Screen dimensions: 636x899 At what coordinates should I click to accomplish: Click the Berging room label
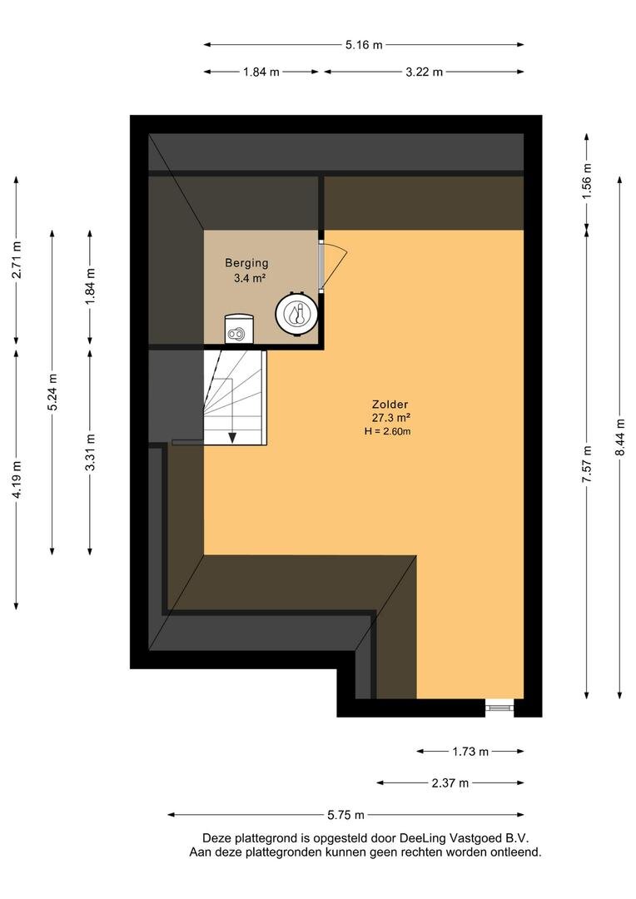[x=246, y=263]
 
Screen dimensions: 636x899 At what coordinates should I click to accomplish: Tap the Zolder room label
[x=390, y=405]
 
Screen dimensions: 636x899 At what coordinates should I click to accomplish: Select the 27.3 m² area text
[x=390, y=418]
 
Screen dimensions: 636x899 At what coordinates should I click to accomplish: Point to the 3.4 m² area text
[x=248, y=279]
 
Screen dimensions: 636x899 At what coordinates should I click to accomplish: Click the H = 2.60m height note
[x=388, y=431]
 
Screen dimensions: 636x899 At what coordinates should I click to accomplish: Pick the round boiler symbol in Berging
[x=296, y=314]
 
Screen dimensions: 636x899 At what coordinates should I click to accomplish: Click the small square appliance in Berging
[x=239, y=329]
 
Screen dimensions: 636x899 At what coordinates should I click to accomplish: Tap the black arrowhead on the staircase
[x=232, y=438]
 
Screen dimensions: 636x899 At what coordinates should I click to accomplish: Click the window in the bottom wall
[x=499, y=708]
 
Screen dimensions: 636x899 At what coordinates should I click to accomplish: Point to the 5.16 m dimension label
[x=364, y=45]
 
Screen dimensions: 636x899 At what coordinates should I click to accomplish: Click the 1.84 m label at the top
[x=261, y=72]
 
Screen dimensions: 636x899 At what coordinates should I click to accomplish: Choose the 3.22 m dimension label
[x=425, y=72]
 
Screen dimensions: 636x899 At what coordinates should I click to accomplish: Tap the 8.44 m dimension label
[x=620, y=438]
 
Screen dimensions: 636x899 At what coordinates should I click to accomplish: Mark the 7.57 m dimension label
[x=587, y=464]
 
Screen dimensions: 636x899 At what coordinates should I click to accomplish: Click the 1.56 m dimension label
[x=587, y=181]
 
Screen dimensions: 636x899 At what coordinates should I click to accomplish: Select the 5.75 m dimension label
[x=345, y=815]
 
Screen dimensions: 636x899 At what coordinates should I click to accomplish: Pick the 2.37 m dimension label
[x=450, y=782]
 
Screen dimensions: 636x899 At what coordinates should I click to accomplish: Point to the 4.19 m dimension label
[x=17, y=479]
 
